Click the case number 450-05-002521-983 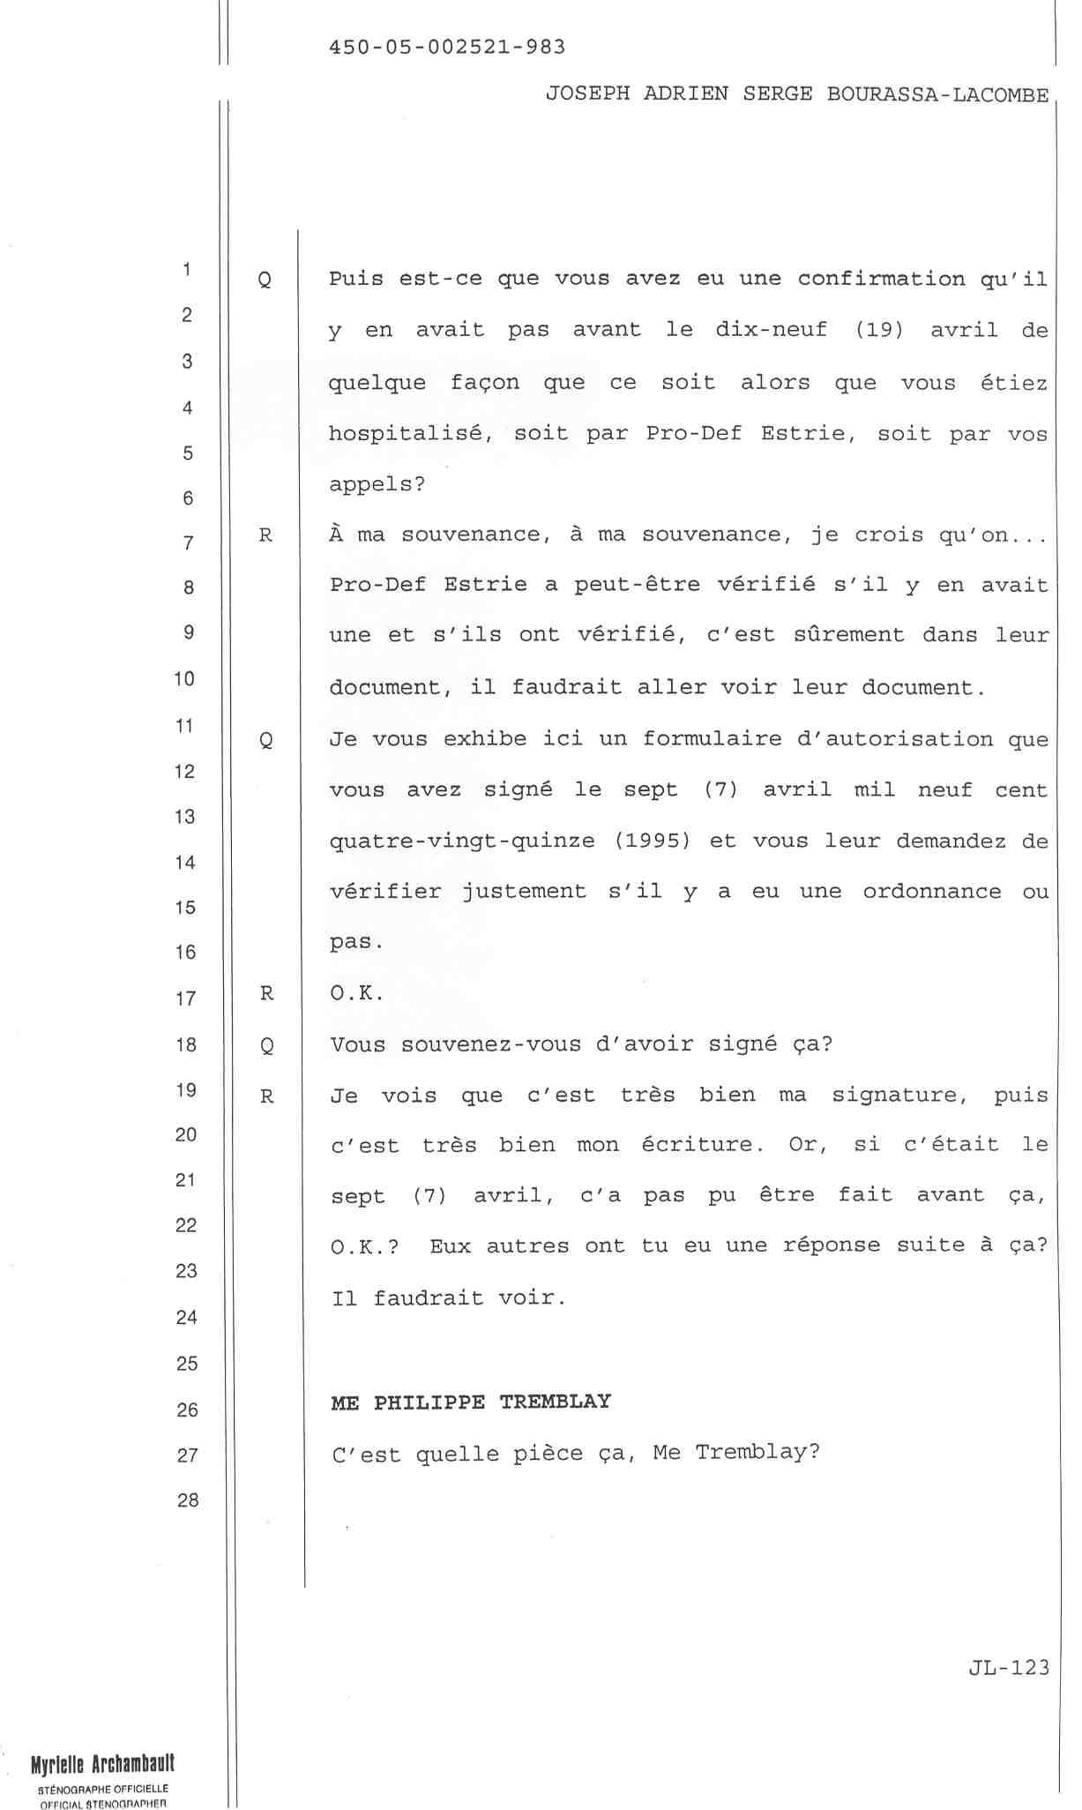click(x=447, y=47)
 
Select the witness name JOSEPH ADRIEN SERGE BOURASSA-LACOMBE click(x=797, y=94)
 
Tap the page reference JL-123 click(x=1009, y=1667)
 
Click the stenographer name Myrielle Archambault click(x=102, y=1763)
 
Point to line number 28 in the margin click(x=187, y=1500)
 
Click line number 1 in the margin click(x=187, y=269)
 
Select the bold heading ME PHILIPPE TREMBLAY click(x=471, y=1402)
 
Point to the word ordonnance click(x=932, y=892)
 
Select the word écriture click(x=703, y=1145)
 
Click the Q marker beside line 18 click(x=266, y=1046)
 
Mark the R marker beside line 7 click(x=265, y=535)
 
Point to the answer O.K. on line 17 click(x=357, y=994)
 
